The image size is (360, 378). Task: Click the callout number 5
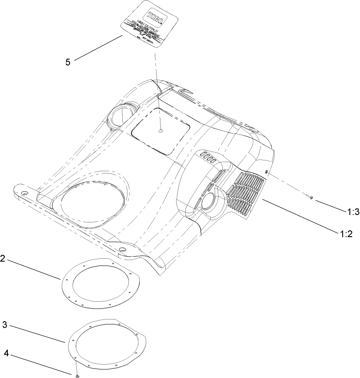(68, 62)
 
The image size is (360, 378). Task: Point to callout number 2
(3, 259)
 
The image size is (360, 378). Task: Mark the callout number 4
(6, 353)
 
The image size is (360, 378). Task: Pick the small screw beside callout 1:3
(312, 197)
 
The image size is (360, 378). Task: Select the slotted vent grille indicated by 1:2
(245, 189)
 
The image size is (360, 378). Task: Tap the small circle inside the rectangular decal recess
(160, 130)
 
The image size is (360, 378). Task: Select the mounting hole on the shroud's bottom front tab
(122, 250)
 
